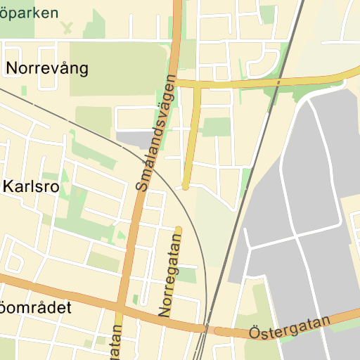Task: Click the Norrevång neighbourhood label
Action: pyautogui.click(x=47, y=68)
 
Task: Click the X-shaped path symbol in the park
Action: pyautogui.click(x=67, y=27)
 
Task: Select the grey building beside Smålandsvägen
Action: pyautogui.click(x=132, y=139)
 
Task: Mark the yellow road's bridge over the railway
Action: pyautogui.click(x=278, y=82)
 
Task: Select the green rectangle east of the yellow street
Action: pyautogui.click(x=217, y=127)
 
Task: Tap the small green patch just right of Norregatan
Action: pyautogui.click(x=187, y=276)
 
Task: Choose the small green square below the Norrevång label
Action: pyautogui.click(x=24, y=91)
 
